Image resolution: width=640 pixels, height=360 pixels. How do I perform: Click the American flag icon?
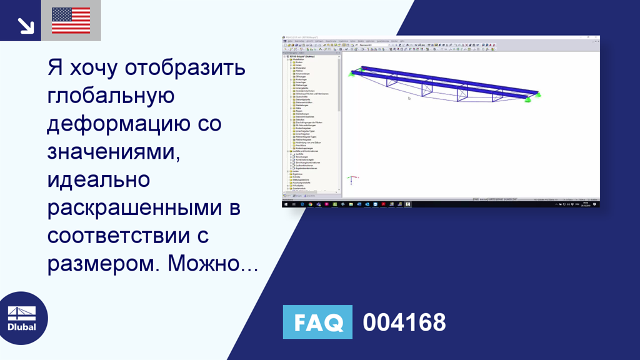(71, 21)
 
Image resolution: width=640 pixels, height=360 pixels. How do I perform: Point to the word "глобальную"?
(110, 97)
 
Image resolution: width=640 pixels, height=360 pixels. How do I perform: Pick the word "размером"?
(97, 265)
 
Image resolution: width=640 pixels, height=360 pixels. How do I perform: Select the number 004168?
(404, 322)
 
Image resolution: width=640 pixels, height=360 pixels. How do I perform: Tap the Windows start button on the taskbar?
(285, 204)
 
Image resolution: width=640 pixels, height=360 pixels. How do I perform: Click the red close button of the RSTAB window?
(596, 37)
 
